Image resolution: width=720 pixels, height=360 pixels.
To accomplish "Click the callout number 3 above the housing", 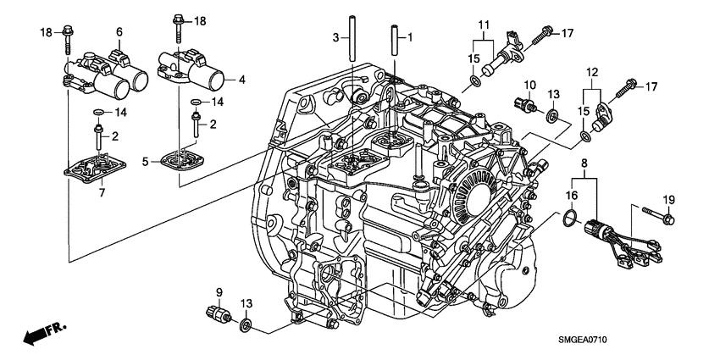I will tap(335, 37).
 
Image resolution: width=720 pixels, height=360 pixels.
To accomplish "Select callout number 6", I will tap(119, 31).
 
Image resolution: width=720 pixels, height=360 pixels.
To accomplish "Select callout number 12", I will tap(590, 74).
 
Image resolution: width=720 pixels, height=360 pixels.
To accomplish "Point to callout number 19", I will tap(668, 199).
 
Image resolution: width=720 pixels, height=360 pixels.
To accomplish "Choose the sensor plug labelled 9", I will tap(219, 315).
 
